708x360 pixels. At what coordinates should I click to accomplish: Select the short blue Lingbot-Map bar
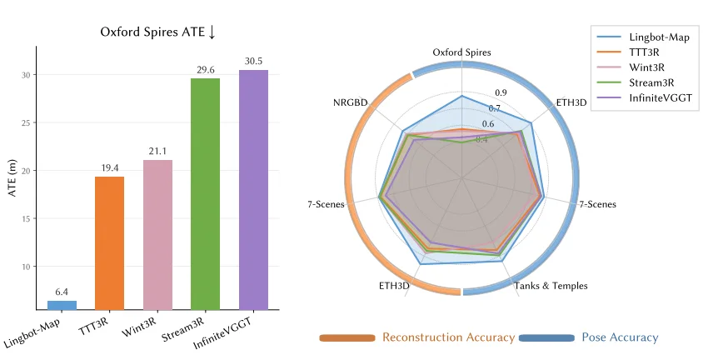[62, 305]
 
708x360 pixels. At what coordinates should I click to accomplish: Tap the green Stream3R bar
[205, 193]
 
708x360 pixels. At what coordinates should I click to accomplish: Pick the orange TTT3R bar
[109, 242]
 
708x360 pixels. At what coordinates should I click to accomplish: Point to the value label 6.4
[62, 292]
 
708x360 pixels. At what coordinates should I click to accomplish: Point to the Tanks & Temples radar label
[551, 286]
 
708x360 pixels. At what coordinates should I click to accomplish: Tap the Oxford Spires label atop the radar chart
[461, 52]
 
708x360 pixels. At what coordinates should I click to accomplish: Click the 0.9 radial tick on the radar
[501, 92]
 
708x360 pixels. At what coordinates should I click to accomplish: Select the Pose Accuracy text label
[620, 337]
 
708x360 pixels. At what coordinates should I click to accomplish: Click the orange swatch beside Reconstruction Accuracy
[347, 337]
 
